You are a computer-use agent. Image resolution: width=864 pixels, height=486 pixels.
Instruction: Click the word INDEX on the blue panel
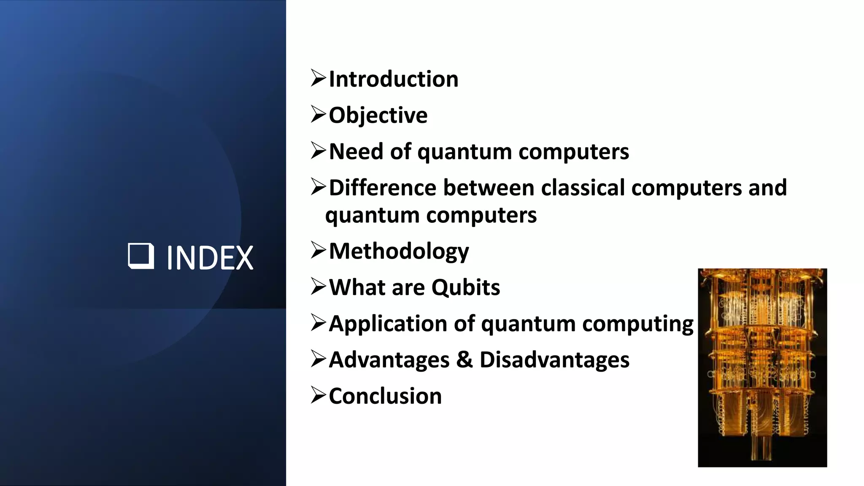(x=210, y=258)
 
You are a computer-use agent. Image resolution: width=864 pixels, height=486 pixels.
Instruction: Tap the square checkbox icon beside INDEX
(x=140, y=256)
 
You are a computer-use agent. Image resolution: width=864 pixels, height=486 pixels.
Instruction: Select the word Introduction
(x=393, y=79)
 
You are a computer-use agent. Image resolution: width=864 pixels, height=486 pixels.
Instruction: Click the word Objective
(x=378, y=116)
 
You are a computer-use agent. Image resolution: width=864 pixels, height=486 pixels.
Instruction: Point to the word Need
(x=356, y=151)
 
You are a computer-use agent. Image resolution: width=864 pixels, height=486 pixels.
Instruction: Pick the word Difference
(x=383, y=188)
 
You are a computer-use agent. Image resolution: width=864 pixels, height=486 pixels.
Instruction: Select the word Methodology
(x=399, y=252)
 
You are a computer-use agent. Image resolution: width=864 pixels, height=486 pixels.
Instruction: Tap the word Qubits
(x=465, y=288)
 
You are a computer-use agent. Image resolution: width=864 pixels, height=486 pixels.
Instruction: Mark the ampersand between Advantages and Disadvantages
(x=464, y=360)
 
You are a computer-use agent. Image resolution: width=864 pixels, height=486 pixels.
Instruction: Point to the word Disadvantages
(x=554, y=360)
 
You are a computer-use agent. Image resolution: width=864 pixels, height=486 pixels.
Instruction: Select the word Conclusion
(x=385, y=397)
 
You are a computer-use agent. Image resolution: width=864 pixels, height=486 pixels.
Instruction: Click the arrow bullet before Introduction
(x=319, y=78)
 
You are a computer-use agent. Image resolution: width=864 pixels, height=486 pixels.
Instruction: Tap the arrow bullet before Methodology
(x=319, y=250)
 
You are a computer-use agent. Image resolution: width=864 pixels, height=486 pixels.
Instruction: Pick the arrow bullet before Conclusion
(x=319, y=395)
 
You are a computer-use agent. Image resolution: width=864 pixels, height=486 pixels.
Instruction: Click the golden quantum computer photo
(x=762, y=367)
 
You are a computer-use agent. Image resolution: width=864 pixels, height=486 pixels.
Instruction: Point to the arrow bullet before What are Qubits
(x=319, y=286)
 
